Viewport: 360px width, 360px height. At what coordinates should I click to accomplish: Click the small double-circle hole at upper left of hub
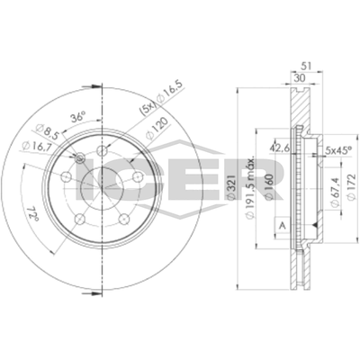click(80, 160)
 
